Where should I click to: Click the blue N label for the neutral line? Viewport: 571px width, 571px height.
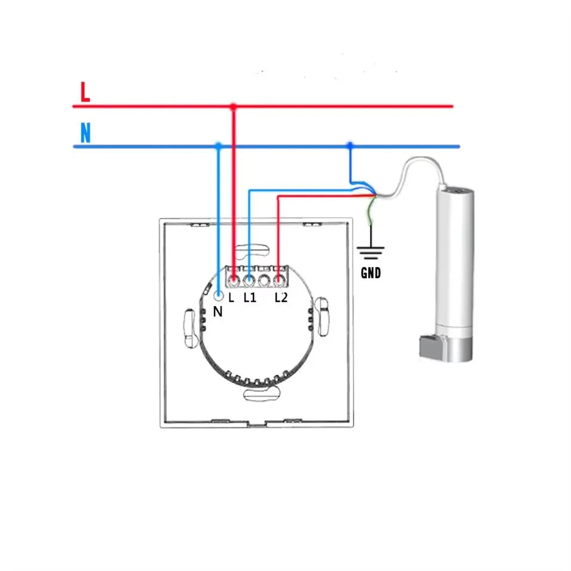pos(86,133)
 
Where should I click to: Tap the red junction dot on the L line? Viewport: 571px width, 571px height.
pos(234,106)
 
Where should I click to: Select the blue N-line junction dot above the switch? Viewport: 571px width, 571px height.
pos(218,145)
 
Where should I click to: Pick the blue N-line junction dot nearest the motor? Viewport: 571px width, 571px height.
pos(350,145)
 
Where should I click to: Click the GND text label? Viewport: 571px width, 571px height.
pos(371,274)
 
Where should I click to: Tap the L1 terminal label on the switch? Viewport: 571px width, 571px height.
pos(249,297)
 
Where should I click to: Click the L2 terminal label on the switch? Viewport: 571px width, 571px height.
pos(281,297)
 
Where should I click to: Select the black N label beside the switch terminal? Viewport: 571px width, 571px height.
pos(218,312)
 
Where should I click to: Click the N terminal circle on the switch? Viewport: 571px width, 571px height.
pos(218,295)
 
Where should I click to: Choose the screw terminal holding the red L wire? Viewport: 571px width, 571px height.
pos(234,279)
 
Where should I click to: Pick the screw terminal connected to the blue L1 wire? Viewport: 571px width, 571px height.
pos(249,279)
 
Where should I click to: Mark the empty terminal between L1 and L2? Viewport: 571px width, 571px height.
pos(264,279)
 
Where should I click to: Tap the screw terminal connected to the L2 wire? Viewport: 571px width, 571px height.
pos(279,279)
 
